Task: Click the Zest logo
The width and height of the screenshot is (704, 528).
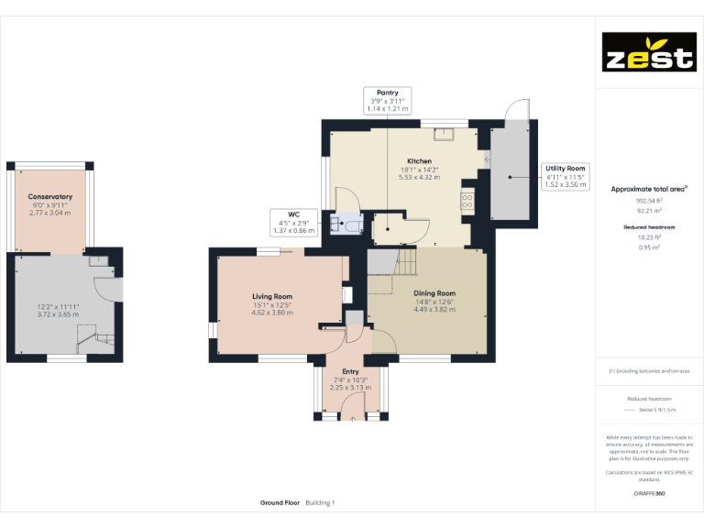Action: (647, 52)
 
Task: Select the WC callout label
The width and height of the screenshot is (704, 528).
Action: (294, 223)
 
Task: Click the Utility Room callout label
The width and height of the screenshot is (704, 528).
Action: (565, 177)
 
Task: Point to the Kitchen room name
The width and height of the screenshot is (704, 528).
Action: (419, 161)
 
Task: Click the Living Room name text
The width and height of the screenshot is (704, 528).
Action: (272, 296)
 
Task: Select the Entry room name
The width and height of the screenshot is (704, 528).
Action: (349, 371)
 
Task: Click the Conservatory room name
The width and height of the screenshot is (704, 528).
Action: (49, 197)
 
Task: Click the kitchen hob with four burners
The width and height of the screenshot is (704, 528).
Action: (467, 199)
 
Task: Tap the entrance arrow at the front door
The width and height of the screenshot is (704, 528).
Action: (352, 420)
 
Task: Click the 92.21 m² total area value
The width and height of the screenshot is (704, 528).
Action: (649, 210)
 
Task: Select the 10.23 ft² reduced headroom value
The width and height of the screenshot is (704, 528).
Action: (649, 237)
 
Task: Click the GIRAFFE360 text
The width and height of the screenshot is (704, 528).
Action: (649, 493)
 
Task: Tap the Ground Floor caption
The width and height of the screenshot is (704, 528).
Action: (280, 503)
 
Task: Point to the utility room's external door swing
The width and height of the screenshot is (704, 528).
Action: (519, 111)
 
